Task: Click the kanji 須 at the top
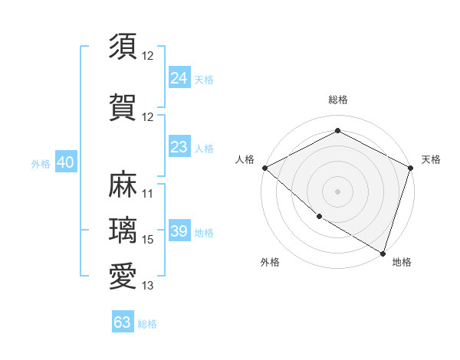click(123, 46)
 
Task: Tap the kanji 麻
click(123, 185)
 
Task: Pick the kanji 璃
click(123, 231)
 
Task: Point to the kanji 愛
click(123, 276)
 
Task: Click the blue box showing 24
click(179, 77)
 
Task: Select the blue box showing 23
click(179, 146)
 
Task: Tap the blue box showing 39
click(179, 231)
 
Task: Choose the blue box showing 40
click(65, 162)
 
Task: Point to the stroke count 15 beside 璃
click(148, 240)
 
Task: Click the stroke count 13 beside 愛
click(148, 286)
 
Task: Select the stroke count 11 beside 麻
click(148, 194)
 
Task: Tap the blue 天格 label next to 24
click(204, 79)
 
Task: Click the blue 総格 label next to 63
click(147, 324)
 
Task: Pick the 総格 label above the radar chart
click(337, 100)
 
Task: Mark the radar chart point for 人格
click(264, 168)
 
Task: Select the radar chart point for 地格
click(383, 252)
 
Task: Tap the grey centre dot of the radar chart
click(337, 191)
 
